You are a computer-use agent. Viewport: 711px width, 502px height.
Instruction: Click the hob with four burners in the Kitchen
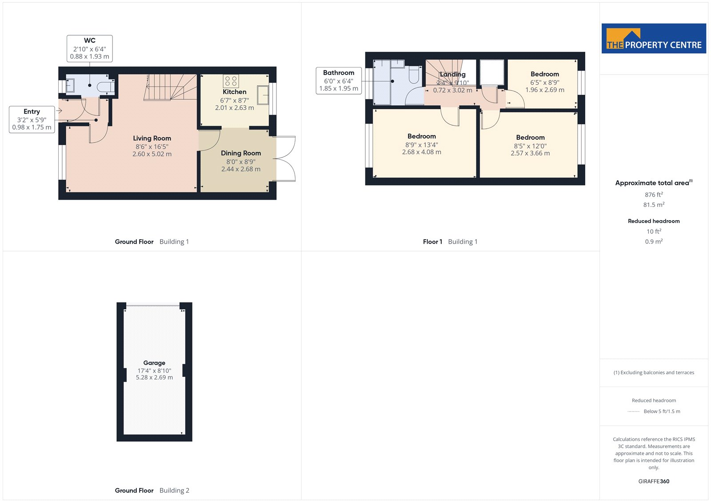coord(231,81)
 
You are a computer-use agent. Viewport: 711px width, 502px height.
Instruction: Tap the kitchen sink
coord(263,95)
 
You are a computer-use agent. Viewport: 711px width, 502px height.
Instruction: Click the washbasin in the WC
coord(70,86)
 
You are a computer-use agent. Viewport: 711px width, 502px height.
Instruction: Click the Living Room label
coord(152,138)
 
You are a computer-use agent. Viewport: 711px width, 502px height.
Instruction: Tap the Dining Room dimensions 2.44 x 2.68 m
coord(241,169)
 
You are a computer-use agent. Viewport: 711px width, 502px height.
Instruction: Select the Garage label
coord(154,363)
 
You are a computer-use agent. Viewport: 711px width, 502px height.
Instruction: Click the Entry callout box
coord(32,119)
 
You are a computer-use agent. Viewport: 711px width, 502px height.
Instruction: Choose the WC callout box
coord(89,48)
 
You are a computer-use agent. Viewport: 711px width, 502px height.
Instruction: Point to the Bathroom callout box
coord(339,80)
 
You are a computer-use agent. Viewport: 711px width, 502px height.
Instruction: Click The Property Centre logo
coord(654,38)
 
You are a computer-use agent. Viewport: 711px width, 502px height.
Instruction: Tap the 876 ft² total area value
coord(654,194)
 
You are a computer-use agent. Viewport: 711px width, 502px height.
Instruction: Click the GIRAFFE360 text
coord(654,481)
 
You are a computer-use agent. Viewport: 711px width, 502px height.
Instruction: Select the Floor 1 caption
coord(432,241)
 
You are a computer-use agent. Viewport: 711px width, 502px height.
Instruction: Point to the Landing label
coord(453,75)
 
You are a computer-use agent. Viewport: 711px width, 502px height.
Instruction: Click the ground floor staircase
coord(171,87)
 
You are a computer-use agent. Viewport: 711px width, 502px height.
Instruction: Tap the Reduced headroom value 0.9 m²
coord(654,241)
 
